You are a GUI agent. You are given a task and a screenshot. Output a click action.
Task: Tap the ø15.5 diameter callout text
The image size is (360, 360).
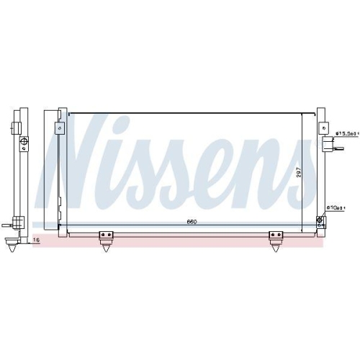[x=348, y=133]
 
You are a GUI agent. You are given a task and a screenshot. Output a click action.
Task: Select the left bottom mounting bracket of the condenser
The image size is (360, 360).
[x=107, y=235]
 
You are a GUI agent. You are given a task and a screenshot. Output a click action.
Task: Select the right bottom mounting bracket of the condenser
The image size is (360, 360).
[x=275, y=235]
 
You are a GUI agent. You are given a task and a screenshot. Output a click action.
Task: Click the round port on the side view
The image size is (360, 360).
[x=22, y=141]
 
